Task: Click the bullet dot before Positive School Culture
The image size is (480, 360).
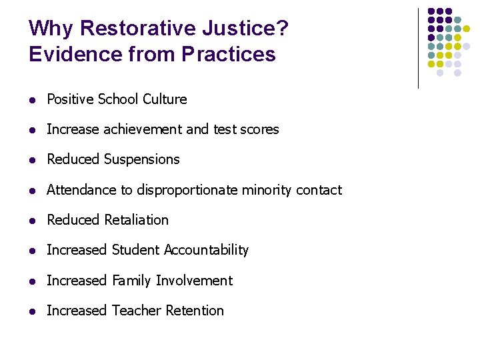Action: point(32,100)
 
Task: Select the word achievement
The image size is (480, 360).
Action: point(143,129)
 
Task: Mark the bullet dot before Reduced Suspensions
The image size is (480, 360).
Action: point(32,160)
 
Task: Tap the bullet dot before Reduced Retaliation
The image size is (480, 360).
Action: point(32,221)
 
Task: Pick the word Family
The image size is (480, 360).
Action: point(132,281)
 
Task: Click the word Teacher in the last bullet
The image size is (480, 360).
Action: point(137,311)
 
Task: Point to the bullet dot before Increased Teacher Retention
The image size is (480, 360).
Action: point(32,311)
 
